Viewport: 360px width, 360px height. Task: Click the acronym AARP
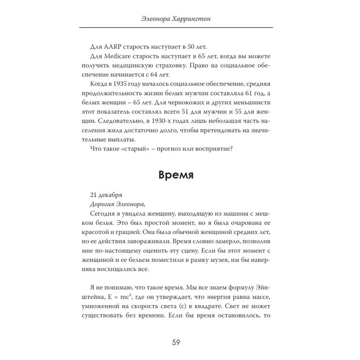(113, 46)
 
